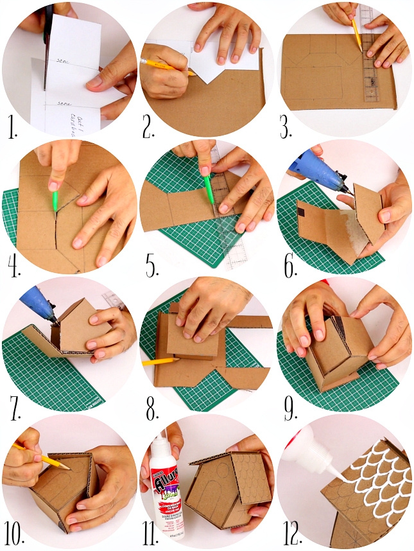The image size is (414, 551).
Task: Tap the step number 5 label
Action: [x=151, y=265]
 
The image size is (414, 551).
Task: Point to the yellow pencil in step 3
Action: [x=356, y=33]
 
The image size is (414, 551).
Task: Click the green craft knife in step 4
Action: [x=55, y=198]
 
